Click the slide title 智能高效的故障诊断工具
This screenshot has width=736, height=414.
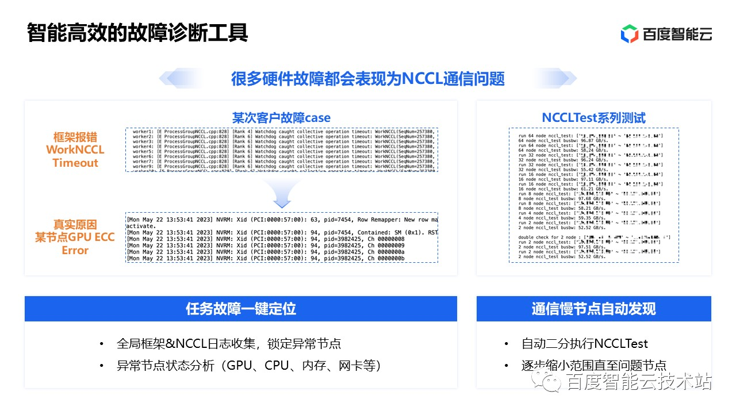click(x=137, y=33)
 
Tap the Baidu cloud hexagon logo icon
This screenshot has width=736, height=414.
click(x=630, y=33)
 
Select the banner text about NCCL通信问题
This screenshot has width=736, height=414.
click(x=368, y=79)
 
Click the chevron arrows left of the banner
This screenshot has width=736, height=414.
click(x=181, y=79)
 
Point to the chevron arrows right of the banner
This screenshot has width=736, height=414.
click(x=555, y=79)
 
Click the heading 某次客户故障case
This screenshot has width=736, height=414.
click(x=281, y=118)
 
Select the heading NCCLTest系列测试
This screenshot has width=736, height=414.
click(x=594, y=118)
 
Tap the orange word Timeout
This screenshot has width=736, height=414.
click(x=75, y=163)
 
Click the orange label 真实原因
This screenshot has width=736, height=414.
click(x=75, y=224)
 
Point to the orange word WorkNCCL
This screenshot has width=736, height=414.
click(x=75, y=150)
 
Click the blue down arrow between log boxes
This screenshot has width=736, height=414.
click(x=281, y=195)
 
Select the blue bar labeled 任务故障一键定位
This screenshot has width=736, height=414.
click(x=241, y=309)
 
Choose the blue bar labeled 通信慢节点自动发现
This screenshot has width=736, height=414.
click(x=593, y=309)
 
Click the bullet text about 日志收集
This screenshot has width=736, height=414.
click(x=229, y=344)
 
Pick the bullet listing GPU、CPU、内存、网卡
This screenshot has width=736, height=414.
click(x=248, y=366)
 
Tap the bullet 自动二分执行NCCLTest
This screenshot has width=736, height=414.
click(x=584, y=344)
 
